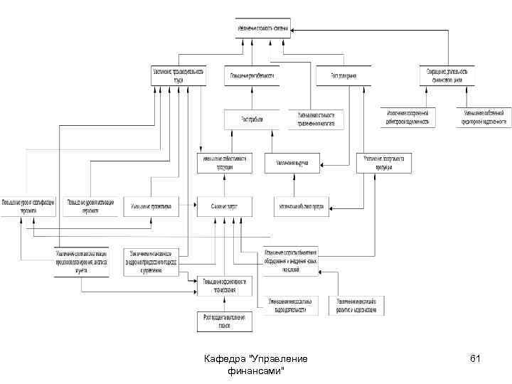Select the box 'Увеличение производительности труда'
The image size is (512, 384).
pos(178,75)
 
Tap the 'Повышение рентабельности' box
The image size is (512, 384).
pos(252,75)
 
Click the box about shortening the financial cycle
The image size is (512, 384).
pos(447,75)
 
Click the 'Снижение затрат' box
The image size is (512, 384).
pos(224,206)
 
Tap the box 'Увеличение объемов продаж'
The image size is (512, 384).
pos(302,206)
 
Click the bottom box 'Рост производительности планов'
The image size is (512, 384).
pos(224,321)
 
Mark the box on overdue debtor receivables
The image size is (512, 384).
pos(407,117)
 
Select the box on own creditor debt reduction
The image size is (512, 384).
pos(484,117)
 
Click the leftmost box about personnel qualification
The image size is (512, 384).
pos(29,205)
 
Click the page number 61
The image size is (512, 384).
pos(476,359)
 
